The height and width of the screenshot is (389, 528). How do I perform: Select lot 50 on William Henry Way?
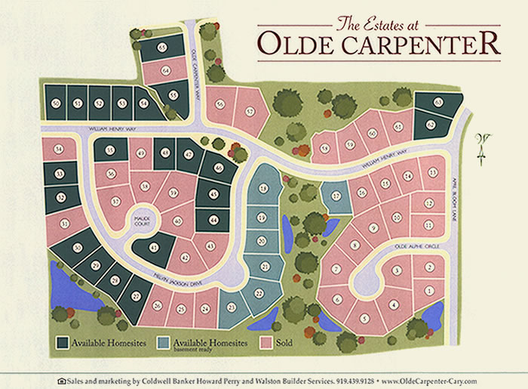(x=55, y=103)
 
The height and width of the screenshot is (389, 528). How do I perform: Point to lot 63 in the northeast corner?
(x=439, y=102)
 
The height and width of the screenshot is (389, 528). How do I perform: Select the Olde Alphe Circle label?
(x=416, y=246)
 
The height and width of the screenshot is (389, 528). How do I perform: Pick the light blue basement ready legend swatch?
(x=162, y=342)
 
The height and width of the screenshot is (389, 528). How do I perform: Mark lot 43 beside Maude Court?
(x=153, y=248)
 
